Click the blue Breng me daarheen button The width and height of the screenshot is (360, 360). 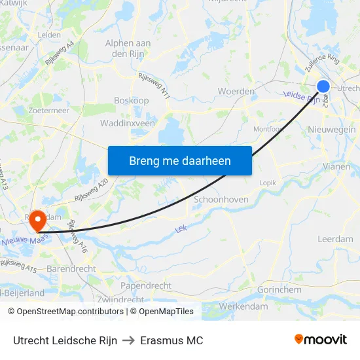coord(179,160)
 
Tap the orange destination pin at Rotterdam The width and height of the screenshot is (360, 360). coord(36,221)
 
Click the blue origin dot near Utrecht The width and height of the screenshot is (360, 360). coord(323,86)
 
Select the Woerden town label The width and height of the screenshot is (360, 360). coord(231,91)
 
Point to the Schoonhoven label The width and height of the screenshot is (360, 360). coord(221,200)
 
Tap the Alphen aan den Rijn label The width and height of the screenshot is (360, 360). coord(128,48)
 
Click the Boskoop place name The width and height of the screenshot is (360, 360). coord(132,100)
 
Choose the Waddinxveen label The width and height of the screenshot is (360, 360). coord(128,123)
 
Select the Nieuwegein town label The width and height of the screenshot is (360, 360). coord(331,130)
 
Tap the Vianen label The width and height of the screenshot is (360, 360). coord(336,166)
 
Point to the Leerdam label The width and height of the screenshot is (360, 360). coord(335,240)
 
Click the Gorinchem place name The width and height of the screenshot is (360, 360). coord(279,289)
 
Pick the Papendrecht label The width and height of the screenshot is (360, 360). coord(146,286)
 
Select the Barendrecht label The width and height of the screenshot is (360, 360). coord(72,268)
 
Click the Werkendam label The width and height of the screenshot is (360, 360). coord(243,306)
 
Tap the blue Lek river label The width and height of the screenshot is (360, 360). coord(182,229)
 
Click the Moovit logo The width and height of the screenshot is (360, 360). coord(320,339)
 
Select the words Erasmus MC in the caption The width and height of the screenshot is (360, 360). coord(171,340)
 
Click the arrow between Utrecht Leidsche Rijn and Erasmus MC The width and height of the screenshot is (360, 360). coord(128,340)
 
